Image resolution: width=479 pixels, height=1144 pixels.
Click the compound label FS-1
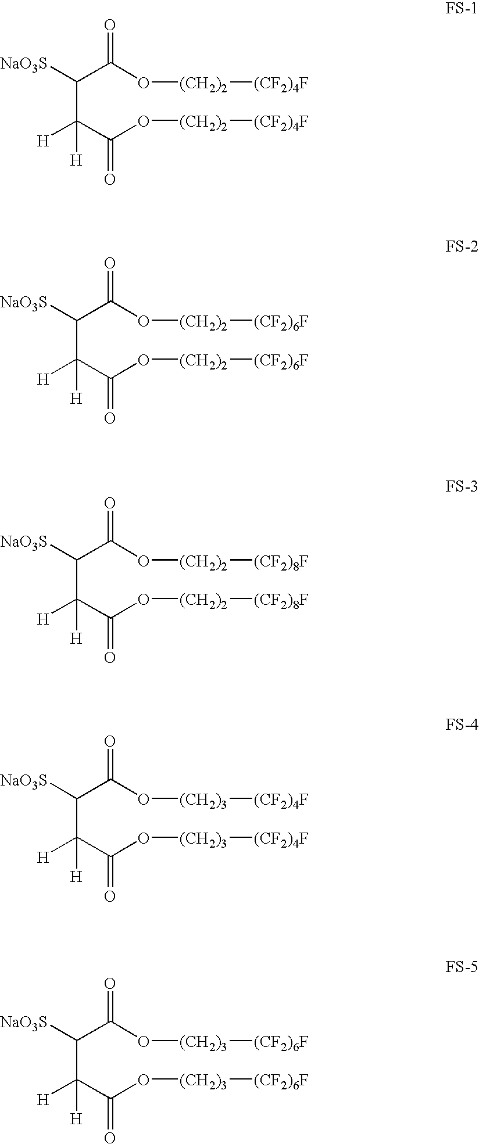click(461, 11)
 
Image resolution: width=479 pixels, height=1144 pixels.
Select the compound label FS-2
click(461, 248)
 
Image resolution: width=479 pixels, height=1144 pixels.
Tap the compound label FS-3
click(461, 487)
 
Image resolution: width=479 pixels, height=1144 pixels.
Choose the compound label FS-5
click(461, 967)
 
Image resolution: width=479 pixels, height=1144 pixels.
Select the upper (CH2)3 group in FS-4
click(203, 801)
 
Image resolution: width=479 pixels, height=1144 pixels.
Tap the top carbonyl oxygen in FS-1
click(109, 26)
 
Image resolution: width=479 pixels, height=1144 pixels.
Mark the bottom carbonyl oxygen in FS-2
click(109, 418)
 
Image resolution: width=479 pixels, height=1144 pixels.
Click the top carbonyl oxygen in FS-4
click(109, 742)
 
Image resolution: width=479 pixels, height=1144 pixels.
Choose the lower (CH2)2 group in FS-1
click(203, 123)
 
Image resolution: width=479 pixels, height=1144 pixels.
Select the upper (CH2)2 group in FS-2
click(203, 323)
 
